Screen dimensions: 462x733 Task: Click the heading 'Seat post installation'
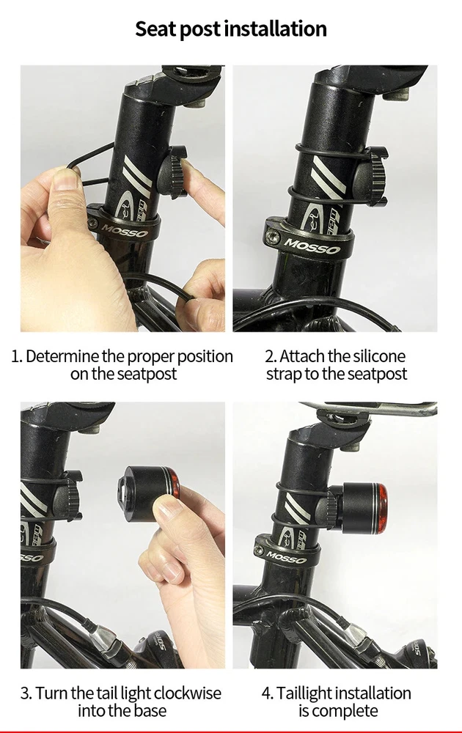click(x=231, y=29)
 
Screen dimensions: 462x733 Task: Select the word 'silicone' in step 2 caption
click(x=379, y=356)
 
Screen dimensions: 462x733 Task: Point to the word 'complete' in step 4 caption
click(x=345, y=711)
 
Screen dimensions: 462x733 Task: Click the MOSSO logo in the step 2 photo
click(x=312, y=246)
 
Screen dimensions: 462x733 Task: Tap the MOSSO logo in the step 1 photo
click(x=125, y=230)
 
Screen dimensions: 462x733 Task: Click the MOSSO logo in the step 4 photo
click(x=287, y=557)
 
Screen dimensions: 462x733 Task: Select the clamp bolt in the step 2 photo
click(x=271, y=238)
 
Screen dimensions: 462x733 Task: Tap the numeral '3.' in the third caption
click(x=26, y=693)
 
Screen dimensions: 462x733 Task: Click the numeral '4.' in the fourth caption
click(x=268, y=693)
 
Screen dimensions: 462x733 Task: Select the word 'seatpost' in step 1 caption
click(x=147, y=375)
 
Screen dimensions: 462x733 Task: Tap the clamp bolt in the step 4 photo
click(x=260, y=550)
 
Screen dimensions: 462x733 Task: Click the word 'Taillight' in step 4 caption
click(x=304, y=693)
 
